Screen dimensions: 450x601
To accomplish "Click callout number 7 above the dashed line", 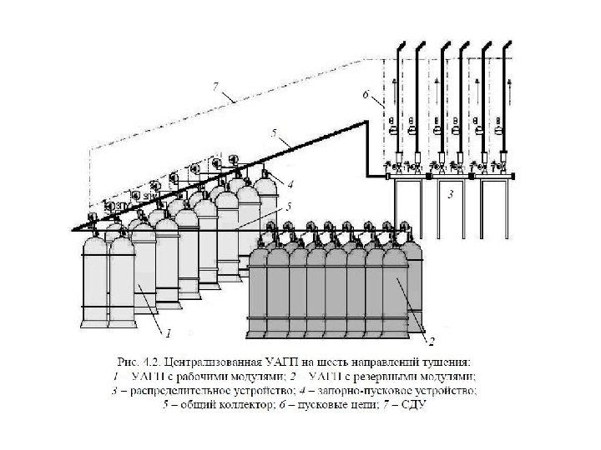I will (215, 85).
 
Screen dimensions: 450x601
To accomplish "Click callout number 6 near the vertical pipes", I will (365, 95).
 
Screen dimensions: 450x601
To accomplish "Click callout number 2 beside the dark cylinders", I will (433, 341).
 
